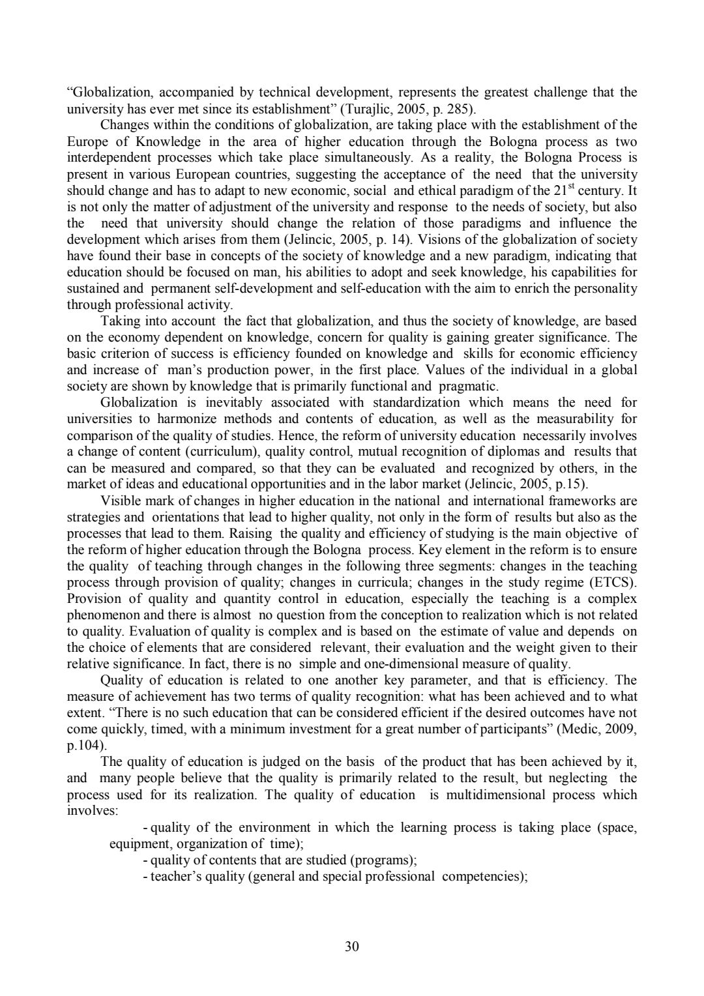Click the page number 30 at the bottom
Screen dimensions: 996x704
(352, 946)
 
